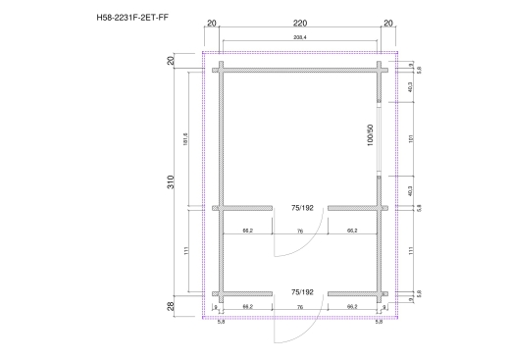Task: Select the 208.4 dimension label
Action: point(299,38)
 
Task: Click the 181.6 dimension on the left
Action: point(184,139)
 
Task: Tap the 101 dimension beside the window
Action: point(409,138)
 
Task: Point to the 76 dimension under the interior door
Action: point(299,231)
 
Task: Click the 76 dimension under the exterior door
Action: point(299,307)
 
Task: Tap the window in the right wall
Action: point(380,138)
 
